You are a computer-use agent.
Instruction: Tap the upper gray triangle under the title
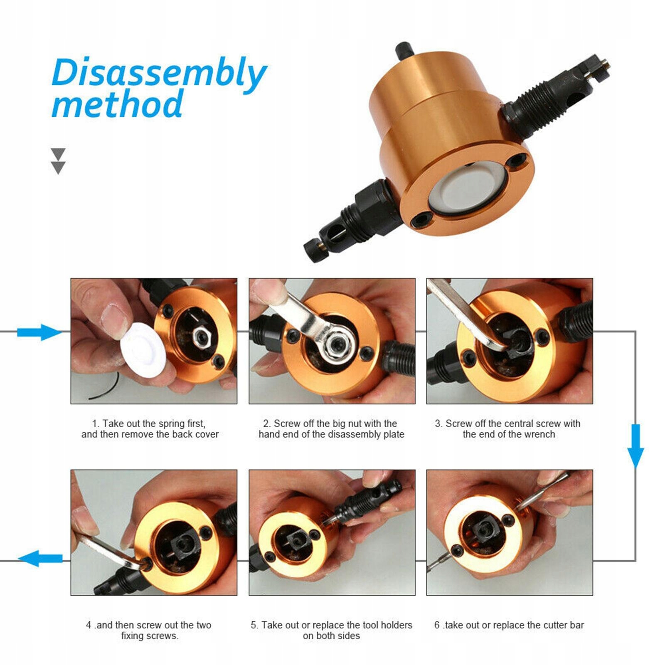[x=58, y=153]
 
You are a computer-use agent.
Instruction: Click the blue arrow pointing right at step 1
[x=39, y=332]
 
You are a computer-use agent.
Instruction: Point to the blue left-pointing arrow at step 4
[x=41, y=558]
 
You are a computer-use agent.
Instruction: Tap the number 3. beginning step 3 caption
[x=438, y=424]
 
